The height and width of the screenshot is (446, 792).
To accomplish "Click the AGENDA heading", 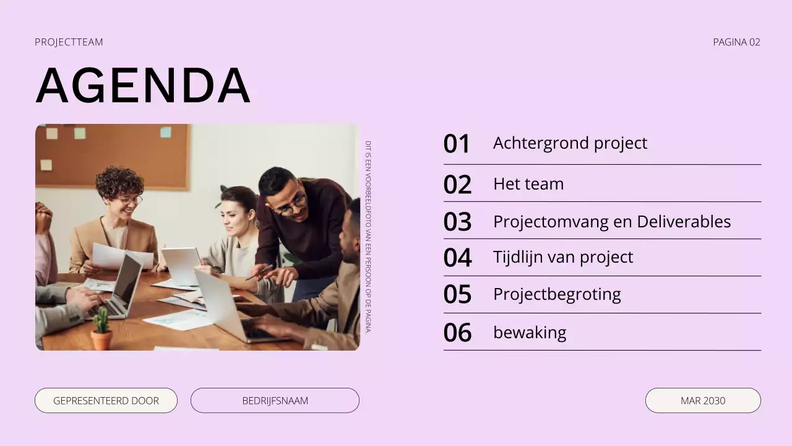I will point(143,85).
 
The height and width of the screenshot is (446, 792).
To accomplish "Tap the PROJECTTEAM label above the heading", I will point(69,42).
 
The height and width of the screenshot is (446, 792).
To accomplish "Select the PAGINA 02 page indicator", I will point(736,42).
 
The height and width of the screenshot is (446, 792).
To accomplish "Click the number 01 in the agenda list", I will point(457,144).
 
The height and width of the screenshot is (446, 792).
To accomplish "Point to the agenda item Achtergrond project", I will point(570,143).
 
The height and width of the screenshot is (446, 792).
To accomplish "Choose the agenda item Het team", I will point(528,184).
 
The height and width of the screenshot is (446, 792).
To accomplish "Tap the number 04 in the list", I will point(457,258).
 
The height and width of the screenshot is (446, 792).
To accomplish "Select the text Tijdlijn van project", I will point(563,256).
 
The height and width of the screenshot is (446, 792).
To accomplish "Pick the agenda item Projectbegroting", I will point(557,294).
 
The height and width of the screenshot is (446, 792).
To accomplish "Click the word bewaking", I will point(530,332).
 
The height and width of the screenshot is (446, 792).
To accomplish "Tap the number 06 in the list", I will point(457,333).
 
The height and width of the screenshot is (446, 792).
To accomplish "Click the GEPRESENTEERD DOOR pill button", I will point(106,400).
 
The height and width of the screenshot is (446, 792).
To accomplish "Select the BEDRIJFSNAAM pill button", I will point(275,400).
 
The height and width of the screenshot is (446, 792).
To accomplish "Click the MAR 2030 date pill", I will point(703,400).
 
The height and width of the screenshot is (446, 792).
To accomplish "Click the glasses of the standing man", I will point(291,205).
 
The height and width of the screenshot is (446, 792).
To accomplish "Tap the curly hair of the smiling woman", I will point(119,181).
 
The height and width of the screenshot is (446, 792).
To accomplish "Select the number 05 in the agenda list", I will point(457,295).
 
